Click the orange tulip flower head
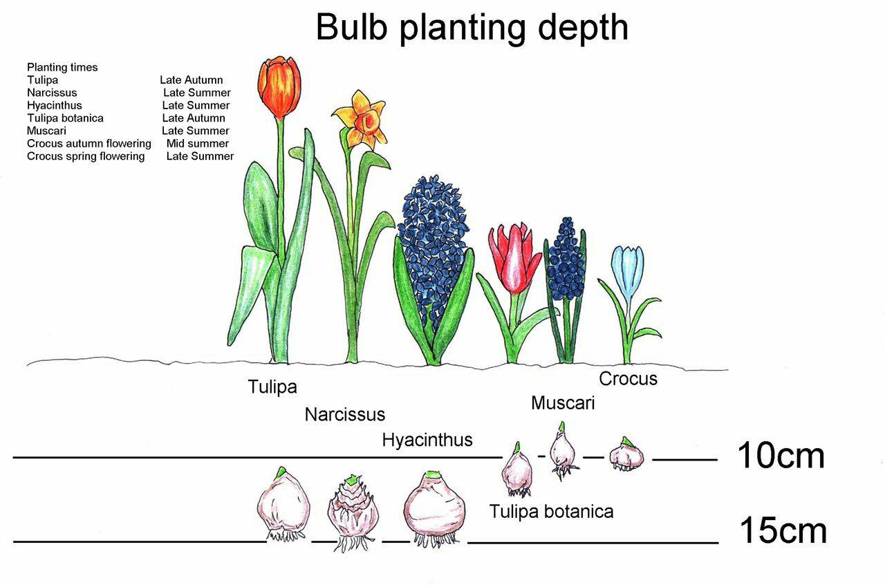point(279,87)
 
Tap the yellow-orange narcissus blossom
point(362,120)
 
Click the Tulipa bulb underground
point(283,504)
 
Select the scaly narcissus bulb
point(353,512)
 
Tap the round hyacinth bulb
point(435,508)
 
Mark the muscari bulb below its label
point(563,451)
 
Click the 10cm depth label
point(781,456)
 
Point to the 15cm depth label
point(783,530)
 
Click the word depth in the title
point(583,28)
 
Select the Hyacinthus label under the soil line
point(427,440)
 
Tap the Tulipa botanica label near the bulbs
point(551,512)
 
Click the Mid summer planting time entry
point(198,143)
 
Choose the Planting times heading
point(62,68)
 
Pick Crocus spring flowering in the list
point(86,156)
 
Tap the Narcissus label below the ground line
point(345,415)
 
